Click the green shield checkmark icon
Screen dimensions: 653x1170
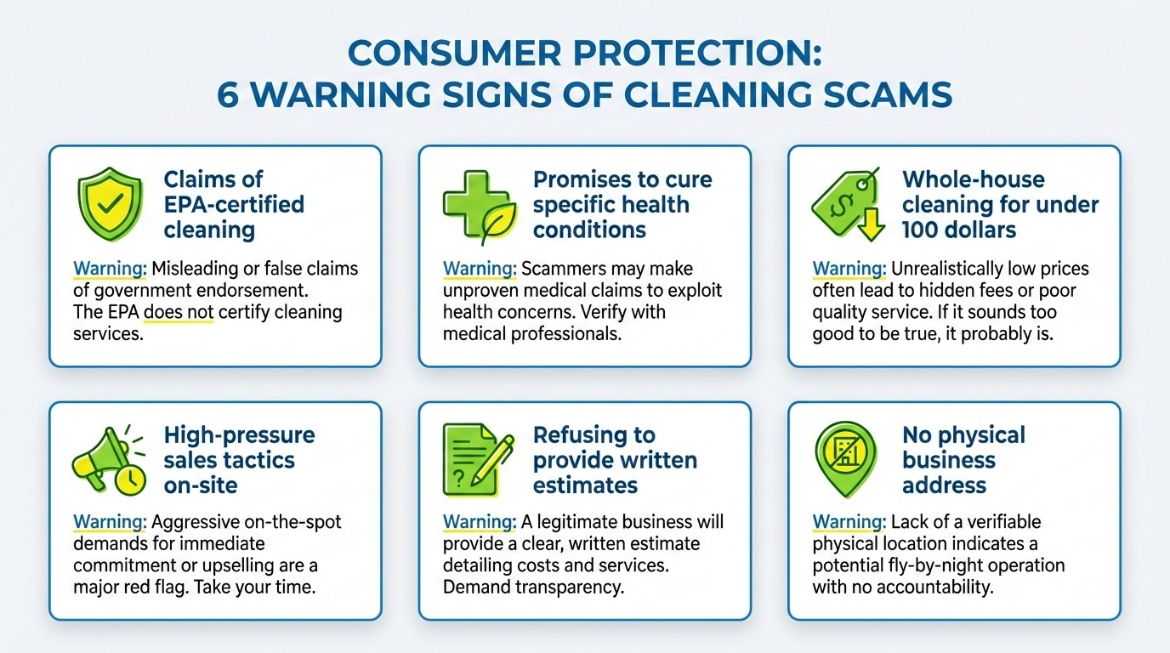pyautogui.click(x=105, y=204)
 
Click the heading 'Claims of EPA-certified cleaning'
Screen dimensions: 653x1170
pyautogui.click(x=233, y=204)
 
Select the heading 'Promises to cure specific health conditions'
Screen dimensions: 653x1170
pyautogui.click(x=622, y=204)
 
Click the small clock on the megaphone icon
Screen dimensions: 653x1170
pyautogui.click(x=130, y=480)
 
